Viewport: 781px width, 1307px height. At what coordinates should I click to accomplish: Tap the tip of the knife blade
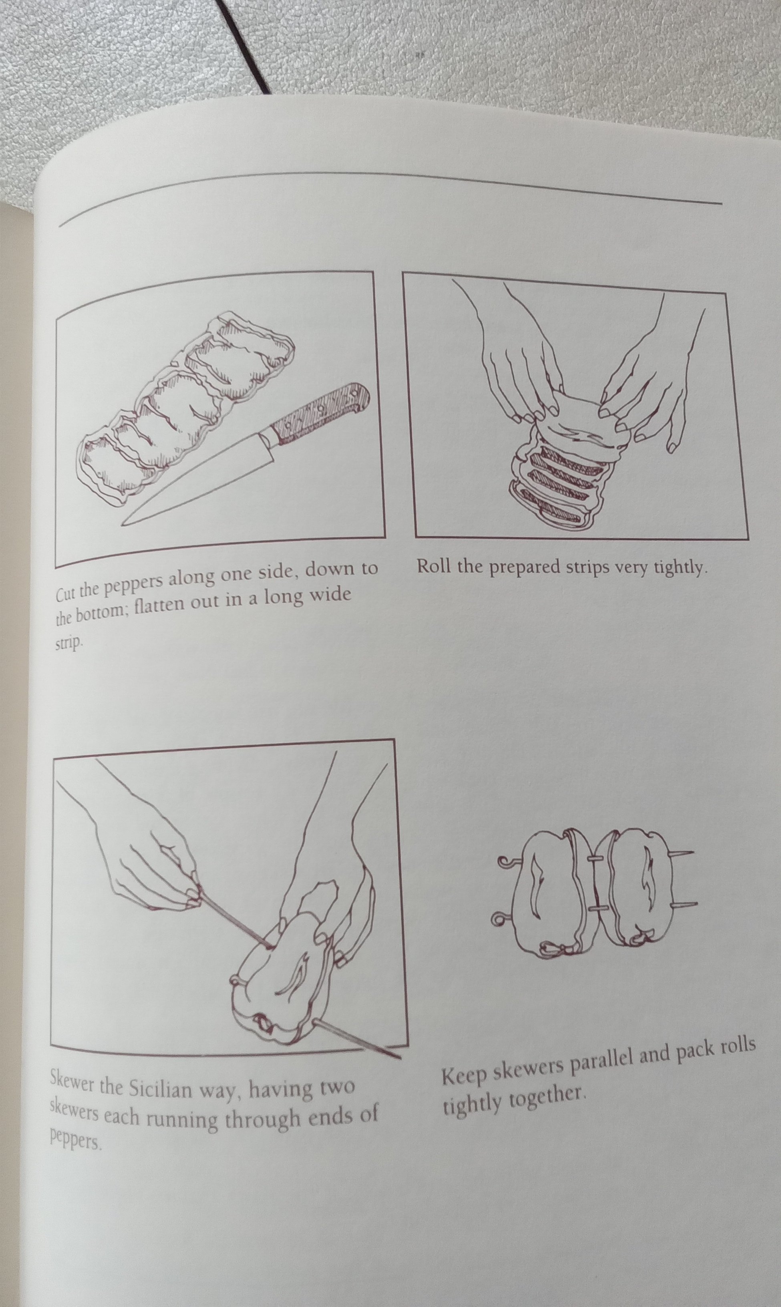pos(124,523)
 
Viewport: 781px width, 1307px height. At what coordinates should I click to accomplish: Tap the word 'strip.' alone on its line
pos(69,643)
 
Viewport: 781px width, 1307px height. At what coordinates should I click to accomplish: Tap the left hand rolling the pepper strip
pos(521,368)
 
